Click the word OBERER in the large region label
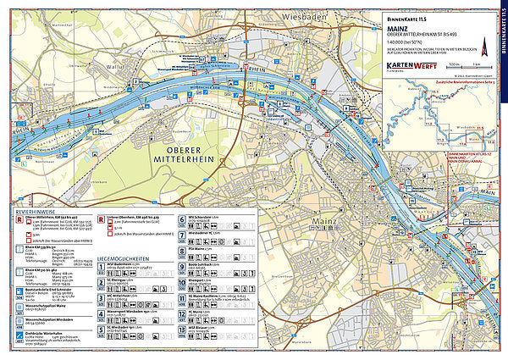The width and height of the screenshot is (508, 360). point(180,149)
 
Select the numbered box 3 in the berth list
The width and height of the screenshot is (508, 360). point(102,299)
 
